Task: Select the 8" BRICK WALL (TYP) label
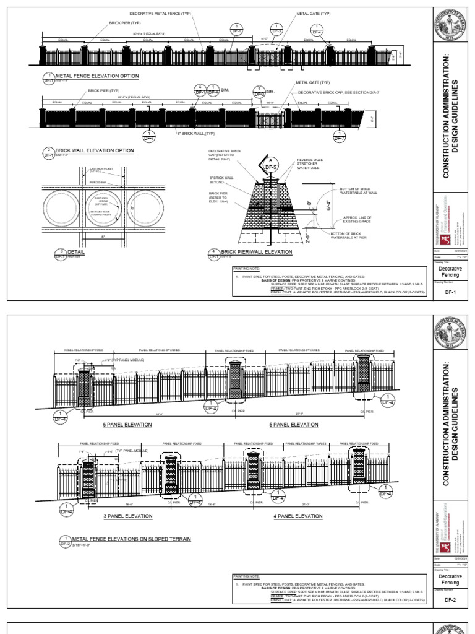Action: [197, 133]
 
